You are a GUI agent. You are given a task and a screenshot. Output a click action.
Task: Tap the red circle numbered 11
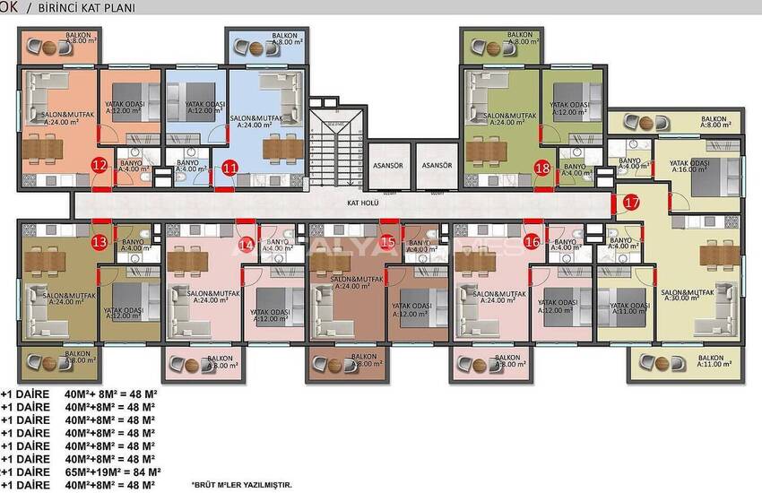click(x=230, y=167)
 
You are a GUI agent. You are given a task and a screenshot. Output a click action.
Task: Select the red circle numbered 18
click(x=541, y=168)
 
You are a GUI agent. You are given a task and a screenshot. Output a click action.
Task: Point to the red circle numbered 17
click(x=631, y=203)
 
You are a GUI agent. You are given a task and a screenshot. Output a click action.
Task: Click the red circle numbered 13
click(x=100, y=241)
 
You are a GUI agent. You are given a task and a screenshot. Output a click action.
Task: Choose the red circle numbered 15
click(x=387, y=241)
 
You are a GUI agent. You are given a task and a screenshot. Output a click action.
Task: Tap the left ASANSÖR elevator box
click(x=386, y=166)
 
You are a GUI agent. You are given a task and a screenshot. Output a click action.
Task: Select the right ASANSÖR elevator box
click(x=437, y=166)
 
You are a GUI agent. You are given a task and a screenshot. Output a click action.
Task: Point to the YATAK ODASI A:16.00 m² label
click(x=688, y=168)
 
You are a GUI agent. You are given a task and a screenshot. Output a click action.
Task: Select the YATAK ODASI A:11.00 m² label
click(x=628, y=309)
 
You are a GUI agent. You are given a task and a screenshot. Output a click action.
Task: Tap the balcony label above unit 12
click(x=79, y=38)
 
